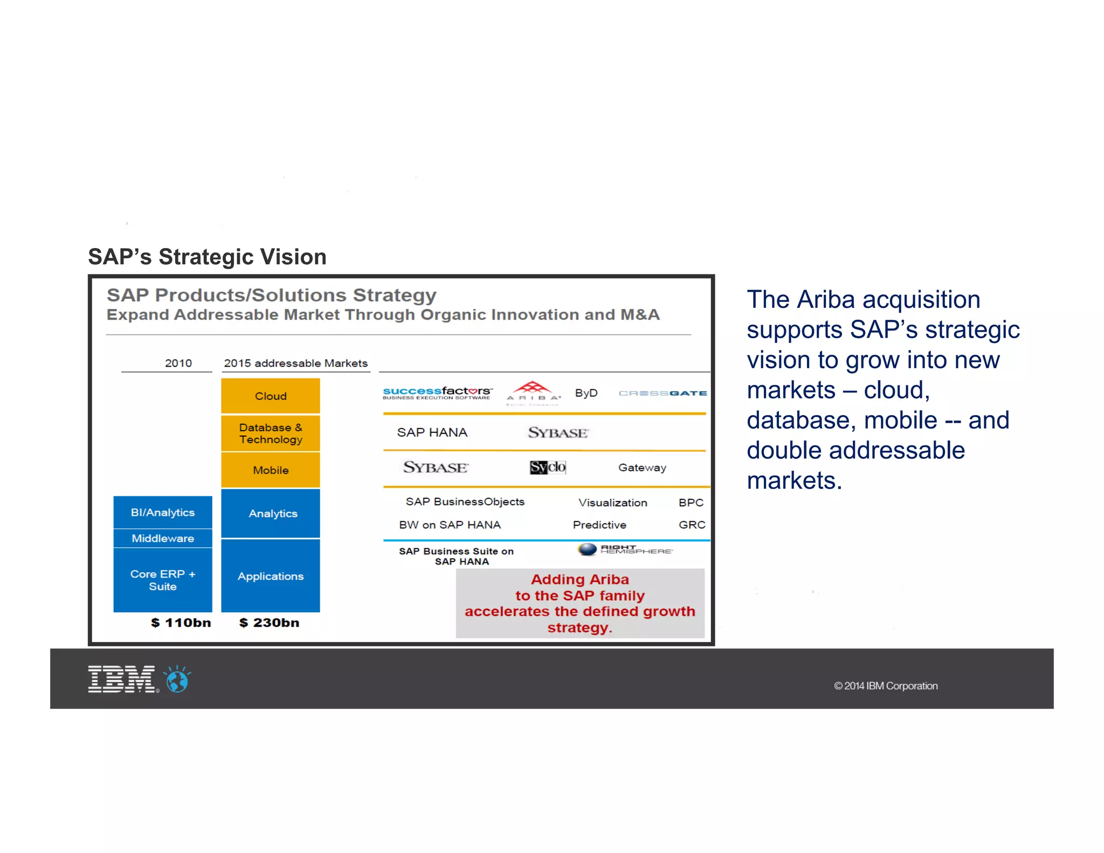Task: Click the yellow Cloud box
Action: tap(270, 396)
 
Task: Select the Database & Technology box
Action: tap(270, 434)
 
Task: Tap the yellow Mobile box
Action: tap(270, 470)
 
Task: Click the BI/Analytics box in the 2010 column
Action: tap(162, 512)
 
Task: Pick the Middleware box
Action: tap(162, 538)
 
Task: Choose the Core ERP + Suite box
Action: tap(162, 580)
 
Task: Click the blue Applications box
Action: tap(270, 576)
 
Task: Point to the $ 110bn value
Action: tap(181, 623)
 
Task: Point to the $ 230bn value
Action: tap(269, 623)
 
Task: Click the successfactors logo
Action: tap(437, 393)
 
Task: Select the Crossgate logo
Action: tap(663, 393)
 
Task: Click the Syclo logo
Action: tap(548, 467)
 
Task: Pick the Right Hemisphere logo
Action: tap(625, 549)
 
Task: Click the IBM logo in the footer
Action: tap(122, 679)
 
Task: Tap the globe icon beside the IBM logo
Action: tap(178, 680)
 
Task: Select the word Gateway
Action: tap(642, 467)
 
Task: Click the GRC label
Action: tap(692, 525)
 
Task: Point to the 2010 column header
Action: tap(178, 363)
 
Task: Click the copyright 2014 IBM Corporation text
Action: tap(886, 686)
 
